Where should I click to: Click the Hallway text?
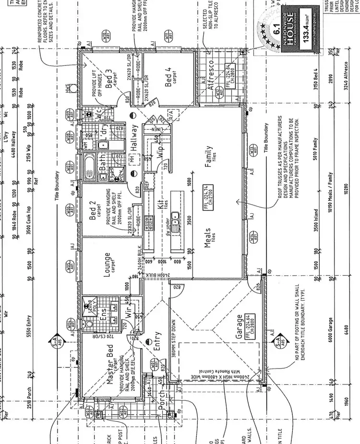click(133, 139)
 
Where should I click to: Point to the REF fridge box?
click(147, 184)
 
